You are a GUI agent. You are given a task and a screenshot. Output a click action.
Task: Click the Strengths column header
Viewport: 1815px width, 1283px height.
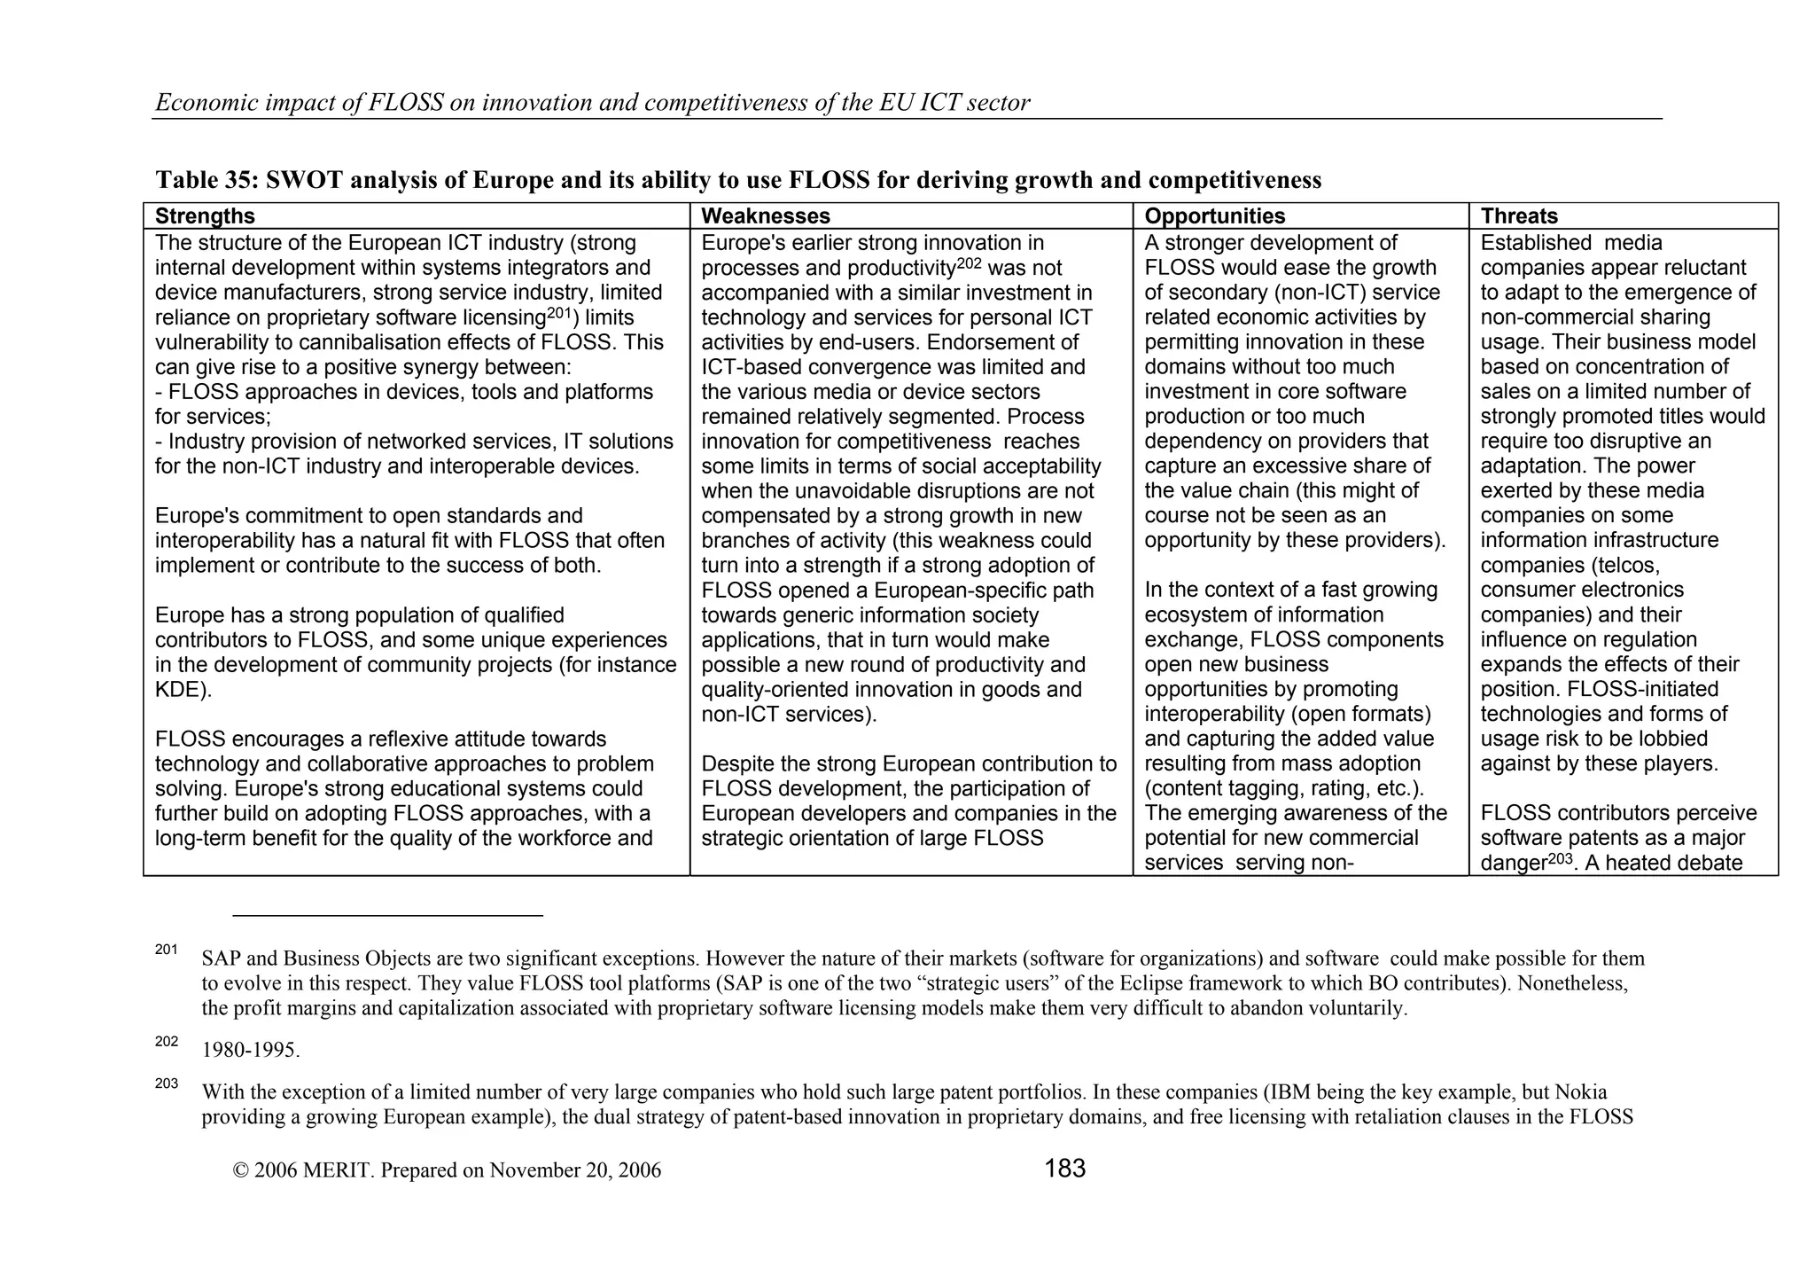[205, 216]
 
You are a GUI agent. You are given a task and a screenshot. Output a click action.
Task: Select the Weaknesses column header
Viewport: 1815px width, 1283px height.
[765, 216]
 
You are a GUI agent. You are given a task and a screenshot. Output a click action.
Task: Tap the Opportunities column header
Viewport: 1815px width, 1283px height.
[1214, 216]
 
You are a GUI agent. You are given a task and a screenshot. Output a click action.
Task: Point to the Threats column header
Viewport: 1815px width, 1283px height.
[1518, 216]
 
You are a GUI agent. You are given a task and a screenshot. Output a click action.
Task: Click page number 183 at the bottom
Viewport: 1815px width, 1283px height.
[1064, 1169]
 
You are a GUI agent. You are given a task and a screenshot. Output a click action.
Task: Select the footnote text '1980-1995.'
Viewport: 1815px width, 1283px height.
[251, 1051]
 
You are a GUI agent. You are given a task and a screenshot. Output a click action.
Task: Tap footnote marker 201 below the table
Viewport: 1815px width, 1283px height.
[166, 951]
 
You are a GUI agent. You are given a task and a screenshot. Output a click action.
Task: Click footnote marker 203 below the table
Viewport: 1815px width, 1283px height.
[166, 1084]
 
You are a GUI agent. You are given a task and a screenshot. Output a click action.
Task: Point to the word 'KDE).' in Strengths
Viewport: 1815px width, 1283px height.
[183, 690]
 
